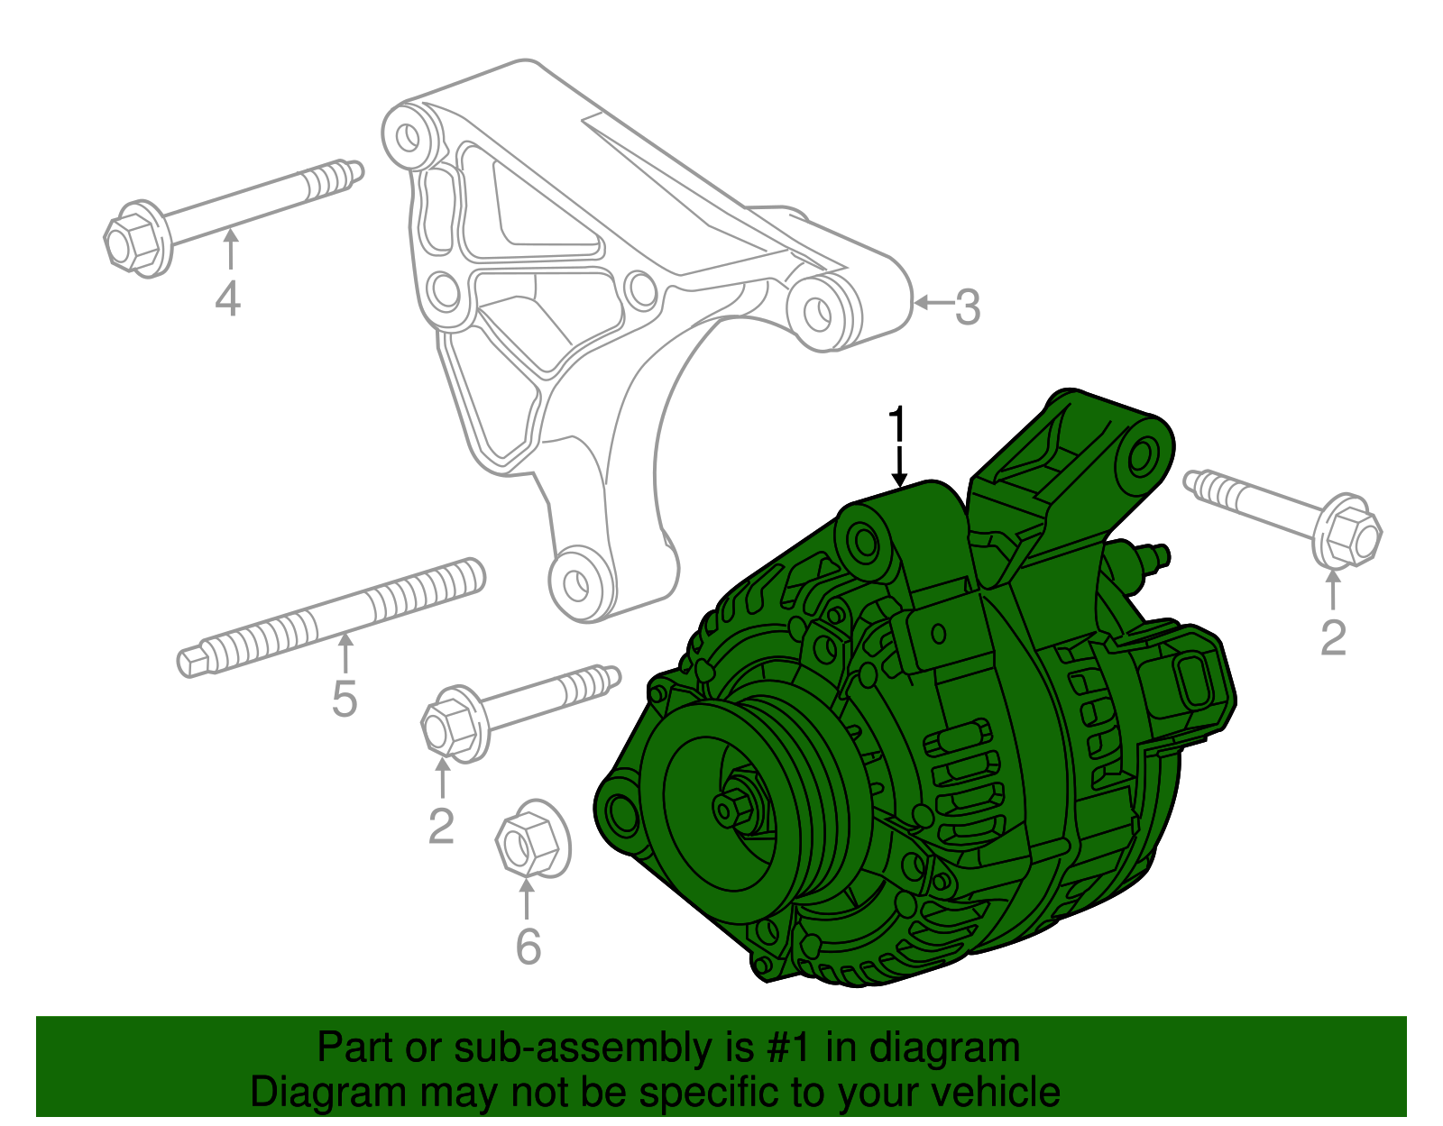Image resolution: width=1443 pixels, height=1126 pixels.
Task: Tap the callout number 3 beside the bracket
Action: (x=967, y=307)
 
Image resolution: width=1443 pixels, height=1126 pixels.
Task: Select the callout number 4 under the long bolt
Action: (x=228, y=298)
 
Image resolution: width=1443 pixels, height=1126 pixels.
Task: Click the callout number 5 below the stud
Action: (x=345, y=699)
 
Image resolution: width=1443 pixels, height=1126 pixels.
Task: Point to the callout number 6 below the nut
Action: (x=528, y=946)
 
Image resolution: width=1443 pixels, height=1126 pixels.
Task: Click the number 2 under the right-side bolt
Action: (x=1333, y=638)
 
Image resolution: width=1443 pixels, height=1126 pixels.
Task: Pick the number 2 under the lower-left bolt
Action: (x=441, y=826)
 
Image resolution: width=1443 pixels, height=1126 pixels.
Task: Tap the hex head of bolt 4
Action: (x=132, y=239)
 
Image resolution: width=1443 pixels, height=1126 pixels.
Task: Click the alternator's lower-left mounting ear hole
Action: (x=621, y=811)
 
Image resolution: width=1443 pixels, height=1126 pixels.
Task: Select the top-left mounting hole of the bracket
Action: (x=409, y=136)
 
